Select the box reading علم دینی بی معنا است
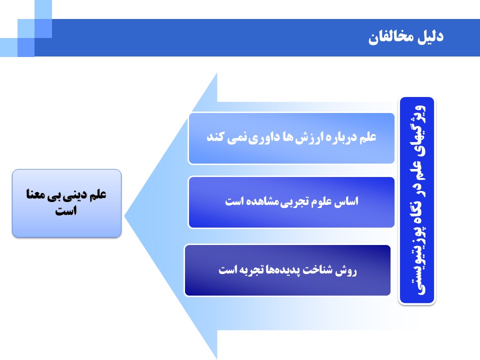pos(66,203)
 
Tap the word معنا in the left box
pos(36,194)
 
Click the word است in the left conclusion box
pos(66,210)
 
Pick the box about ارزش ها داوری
pos(291,138)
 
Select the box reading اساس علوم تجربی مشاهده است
pos(291,202)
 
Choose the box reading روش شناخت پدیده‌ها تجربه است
pos(288,270)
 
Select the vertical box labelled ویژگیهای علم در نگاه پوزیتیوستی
pos(417,200)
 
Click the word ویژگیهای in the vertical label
pos(417,132)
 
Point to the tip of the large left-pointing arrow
pos(124,216)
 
